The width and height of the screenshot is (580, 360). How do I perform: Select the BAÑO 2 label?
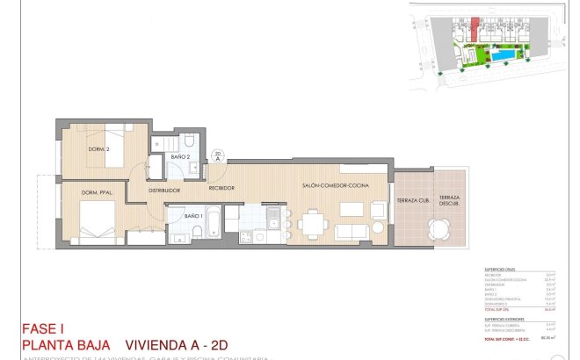181,156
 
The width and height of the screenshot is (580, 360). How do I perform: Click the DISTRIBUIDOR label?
164,190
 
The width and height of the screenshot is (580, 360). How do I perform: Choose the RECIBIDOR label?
221,188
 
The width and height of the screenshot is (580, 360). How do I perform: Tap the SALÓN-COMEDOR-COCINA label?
335,186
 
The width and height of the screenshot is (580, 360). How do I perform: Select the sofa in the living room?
353,231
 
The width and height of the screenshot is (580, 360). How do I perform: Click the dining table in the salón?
311,225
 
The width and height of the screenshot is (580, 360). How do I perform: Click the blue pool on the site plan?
504,55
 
